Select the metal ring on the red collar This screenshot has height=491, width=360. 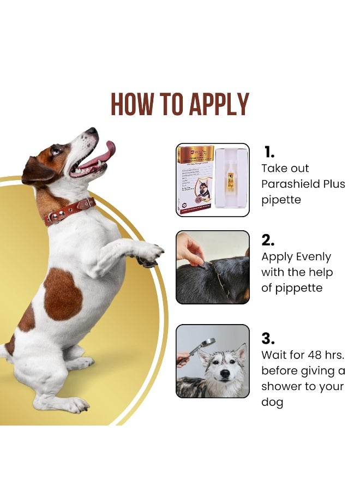point(55,218)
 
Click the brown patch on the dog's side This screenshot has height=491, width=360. point(63,295)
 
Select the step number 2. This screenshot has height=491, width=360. point(268,239)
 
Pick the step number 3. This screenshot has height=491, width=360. point(268,338)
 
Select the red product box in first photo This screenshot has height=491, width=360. point(195,180)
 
